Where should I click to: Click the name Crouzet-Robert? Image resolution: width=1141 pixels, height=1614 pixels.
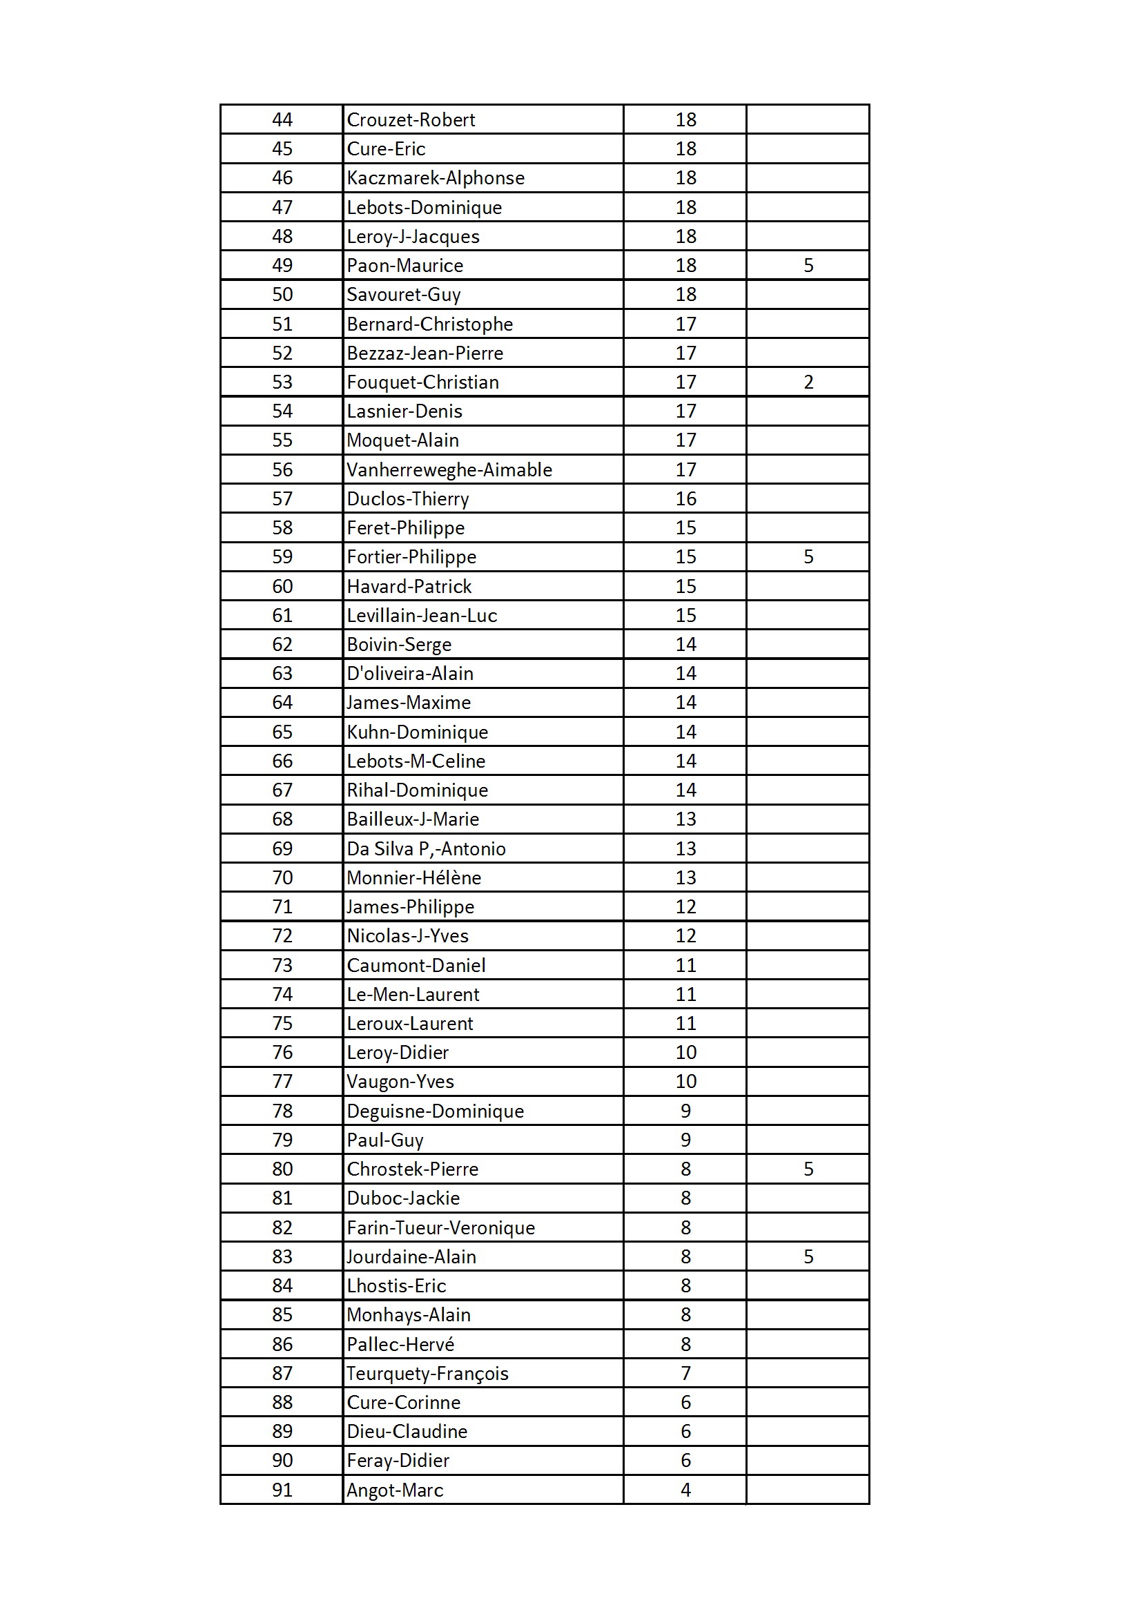click(411, 120)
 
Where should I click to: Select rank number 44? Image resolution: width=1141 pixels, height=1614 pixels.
click(282, 120)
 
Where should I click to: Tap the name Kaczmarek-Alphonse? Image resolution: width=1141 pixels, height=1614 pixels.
click(435, 178)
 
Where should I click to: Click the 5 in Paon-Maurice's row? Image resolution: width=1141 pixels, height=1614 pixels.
click(808, 266)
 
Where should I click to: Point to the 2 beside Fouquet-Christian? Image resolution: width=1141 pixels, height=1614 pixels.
click(808, 382)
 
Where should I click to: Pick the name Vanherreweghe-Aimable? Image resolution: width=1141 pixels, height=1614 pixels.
click(449, 469)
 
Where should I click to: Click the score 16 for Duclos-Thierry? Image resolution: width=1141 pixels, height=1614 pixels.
click(685, 499)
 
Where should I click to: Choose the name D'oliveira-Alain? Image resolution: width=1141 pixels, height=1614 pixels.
click(410, 674)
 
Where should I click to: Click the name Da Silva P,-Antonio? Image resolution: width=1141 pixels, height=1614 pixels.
click(426, 849)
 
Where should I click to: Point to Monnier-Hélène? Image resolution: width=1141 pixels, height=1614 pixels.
click(413, 878)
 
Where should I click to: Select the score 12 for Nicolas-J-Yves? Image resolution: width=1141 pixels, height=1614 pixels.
click(685, 935)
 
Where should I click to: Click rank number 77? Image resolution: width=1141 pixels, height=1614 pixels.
click(282, 1081)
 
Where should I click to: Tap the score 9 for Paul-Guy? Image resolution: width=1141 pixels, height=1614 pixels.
click(685, 1140)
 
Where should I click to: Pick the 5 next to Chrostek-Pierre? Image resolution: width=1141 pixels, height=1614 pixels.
click(808, 1169)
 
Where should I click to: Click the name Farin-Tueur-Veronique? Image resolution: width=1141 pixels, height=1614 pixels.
click(441, 1227)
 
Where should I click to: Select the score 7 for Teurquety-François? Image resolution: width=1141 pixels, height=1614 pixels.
click(685, 1373)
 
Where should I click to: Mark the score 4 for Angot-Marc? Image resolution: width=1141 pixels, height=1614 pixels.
click(685, 1490)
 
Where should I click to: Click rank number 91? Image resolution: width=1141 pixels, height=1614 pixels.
click(282, 1490)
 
